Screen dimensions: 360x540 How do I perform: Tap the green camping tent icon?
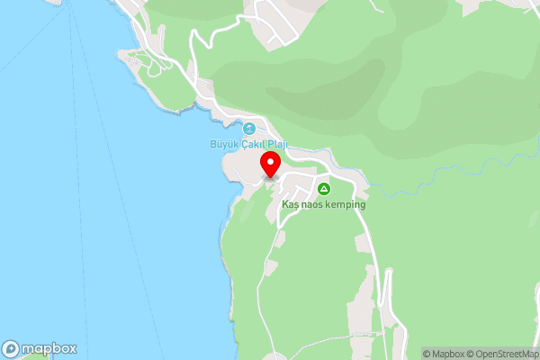click(x=324, y=189)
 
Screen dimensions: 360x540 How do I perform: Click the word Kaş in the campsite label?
click(x=290, y=205)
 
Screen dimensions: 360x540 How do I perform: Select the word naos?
click(x=311, y=205)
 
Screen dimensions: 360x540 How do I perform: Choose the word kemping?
click(x=346, y=205)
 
